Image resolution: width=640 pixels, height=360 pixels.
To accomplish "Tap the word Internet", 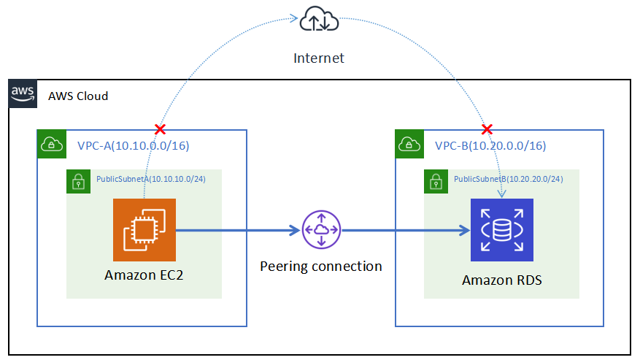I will [x=319, y=58].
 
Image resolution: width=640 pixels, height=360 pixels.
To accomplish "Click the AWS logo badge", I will [x=23, y=94].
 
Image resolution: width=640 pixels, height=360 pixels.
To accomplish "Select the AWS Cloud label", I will [x=78, y=96].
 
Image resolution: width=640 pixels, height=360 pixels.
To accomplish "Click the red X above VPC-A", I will [x=160, y=129].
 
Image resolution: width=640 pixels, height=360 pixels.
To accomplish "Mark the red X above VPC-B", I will [x=487, y=129].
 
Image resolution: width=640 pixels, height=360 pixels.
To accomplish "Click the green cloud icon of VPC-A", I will [x=51, y=144].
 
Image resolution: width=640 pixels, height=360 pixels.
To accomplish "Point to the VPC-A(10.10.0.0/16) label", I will [x=134, y=145].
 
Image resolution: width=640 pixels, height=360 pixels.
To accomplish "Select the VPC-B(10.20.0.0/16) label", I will [x=490, y=145].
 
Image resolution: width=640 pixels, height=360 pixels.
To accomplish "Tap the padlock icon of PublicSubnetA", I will [x=78, y=182].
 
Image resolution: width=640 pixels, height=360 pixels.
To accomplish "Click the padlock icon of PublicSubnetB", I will [x=436, y=182].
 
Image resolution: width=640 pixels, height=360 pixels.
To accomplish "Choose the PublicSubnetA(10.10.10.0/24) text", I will [x=150, y=178].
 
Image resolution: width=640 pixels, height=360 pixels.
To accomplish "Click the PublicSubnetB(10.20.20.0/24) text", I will [x=509, y=178].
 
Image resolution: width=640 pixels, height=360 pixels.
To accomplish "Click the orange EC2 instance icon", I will [x=144, y=229].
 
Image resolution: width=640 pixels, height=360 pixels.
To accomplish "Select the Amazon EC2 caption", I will [x=144, y=275].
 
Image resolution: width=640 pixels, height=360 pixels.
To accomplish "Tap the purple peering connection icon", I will [x=321, y=230].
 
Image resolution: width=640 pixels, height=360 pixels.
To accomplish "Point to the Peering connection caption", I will [x=321, y=266].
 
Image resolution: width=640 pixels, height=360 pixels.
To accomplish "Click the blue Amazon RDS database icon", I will [x=502, y=229].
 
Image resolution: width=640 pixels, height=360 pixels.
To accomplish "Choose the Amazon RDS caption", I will [x=502, y=280].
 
